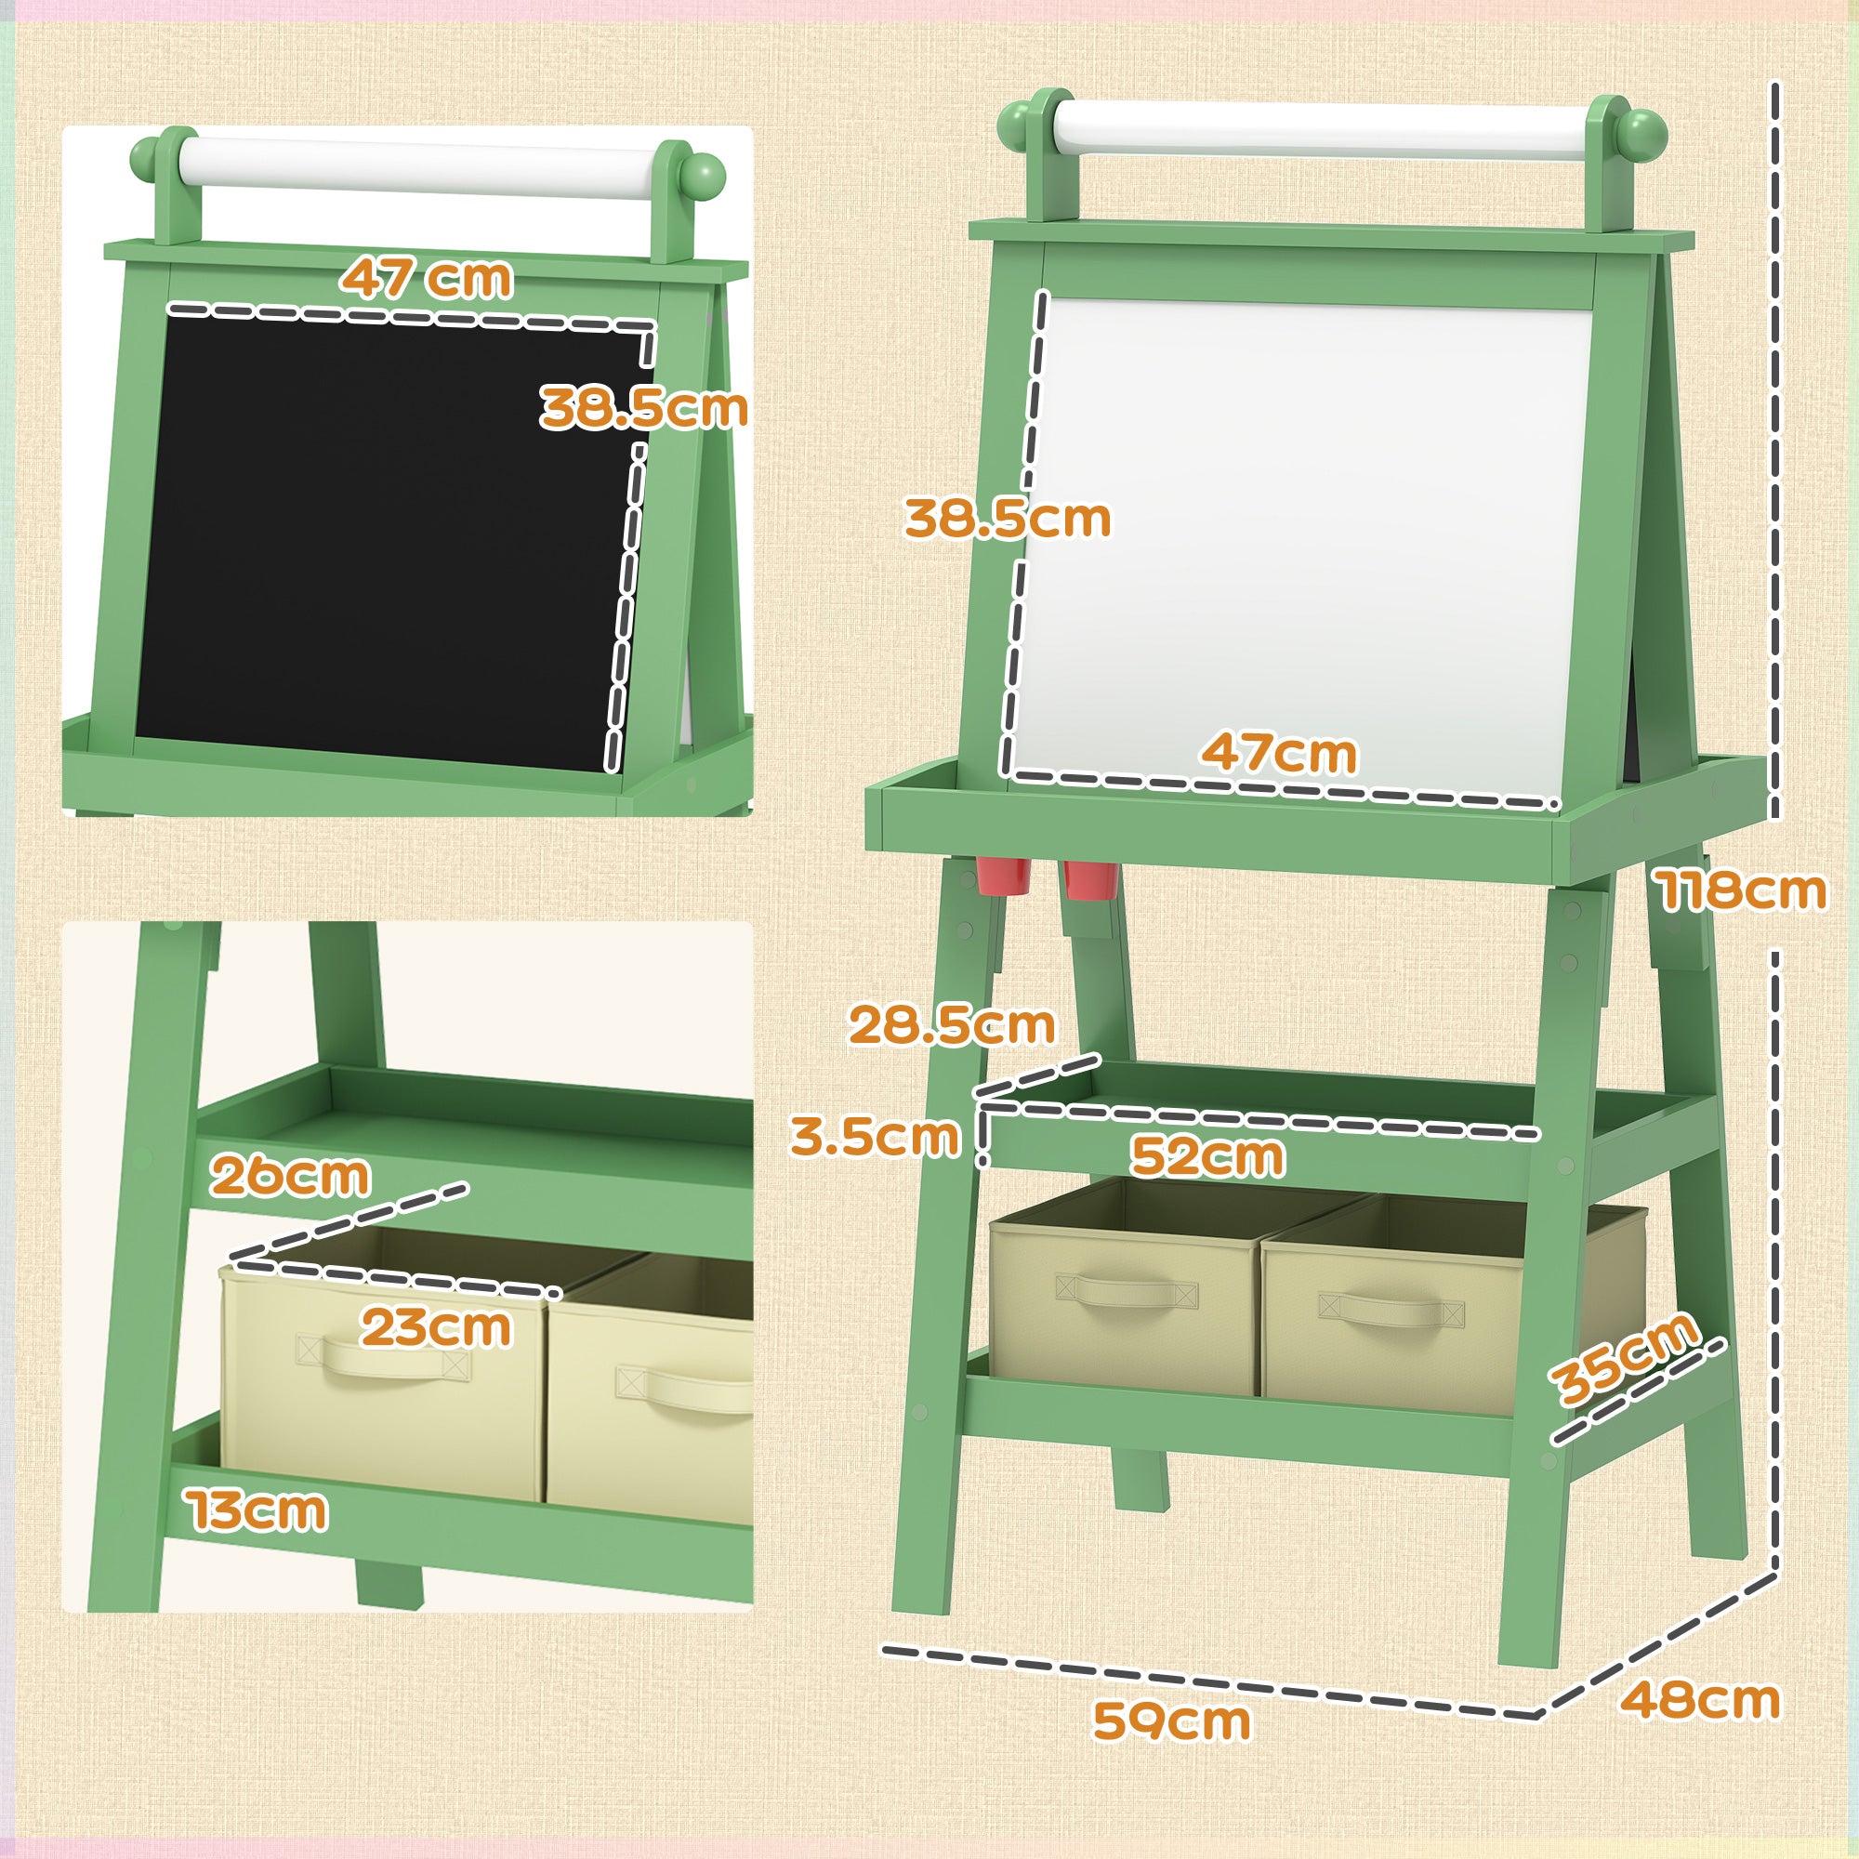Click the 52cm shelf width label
point(1206,1155)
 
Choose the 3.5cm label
point(875,1137)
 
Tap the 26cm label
point(290,1176)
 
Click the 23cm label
point(436,1328)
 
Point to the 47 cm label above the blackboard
point(427,278)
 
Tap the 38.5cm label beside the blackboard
point(643,407)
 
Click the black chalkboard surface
point(385,539)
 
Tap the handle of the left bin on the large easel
point(1127,1289)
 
